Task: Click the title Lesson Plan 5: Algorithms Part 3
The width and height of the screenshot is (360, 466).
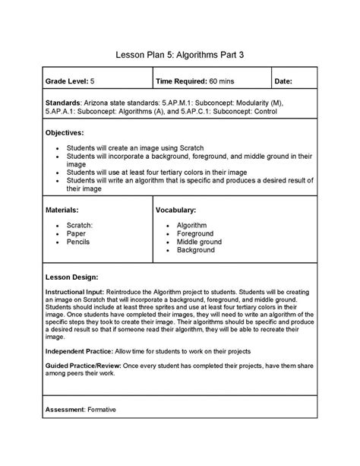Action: click(x=179, y=55)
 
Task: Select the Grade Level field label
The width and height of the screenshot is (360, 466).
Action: click(x=66, y=81)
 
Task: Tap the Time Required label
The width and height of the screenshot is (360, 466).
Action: click(x=181, y=81)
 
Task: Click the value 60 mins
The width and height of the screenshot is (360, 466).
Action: click(x=223, y=81)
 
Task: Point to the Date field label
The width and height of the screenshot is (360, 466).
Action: click(x=283, y=81)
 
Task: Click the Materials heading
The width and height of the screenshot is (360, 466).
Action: click(x=62, y=209)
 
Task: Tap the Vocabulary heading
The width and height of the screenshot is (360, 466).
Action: click(x=176, y=209)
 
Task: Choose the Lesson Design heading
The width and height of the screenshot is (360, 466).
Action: click(x=71, y=278)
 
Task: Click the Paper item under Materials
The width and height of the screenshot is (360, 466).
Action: click(x=76, y=234)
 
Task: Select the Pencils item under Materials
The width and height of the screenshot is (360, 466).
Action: click(x=78, y=242)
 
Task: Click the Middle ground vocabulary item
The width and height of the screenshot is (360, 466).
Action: click(x=199, y=242)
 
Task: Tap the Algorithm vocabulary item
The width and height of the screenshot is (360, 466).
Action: click(x=193, y=226)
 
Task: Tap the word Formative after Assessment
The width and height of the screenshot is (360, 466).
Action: click(x=102, y=409)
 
